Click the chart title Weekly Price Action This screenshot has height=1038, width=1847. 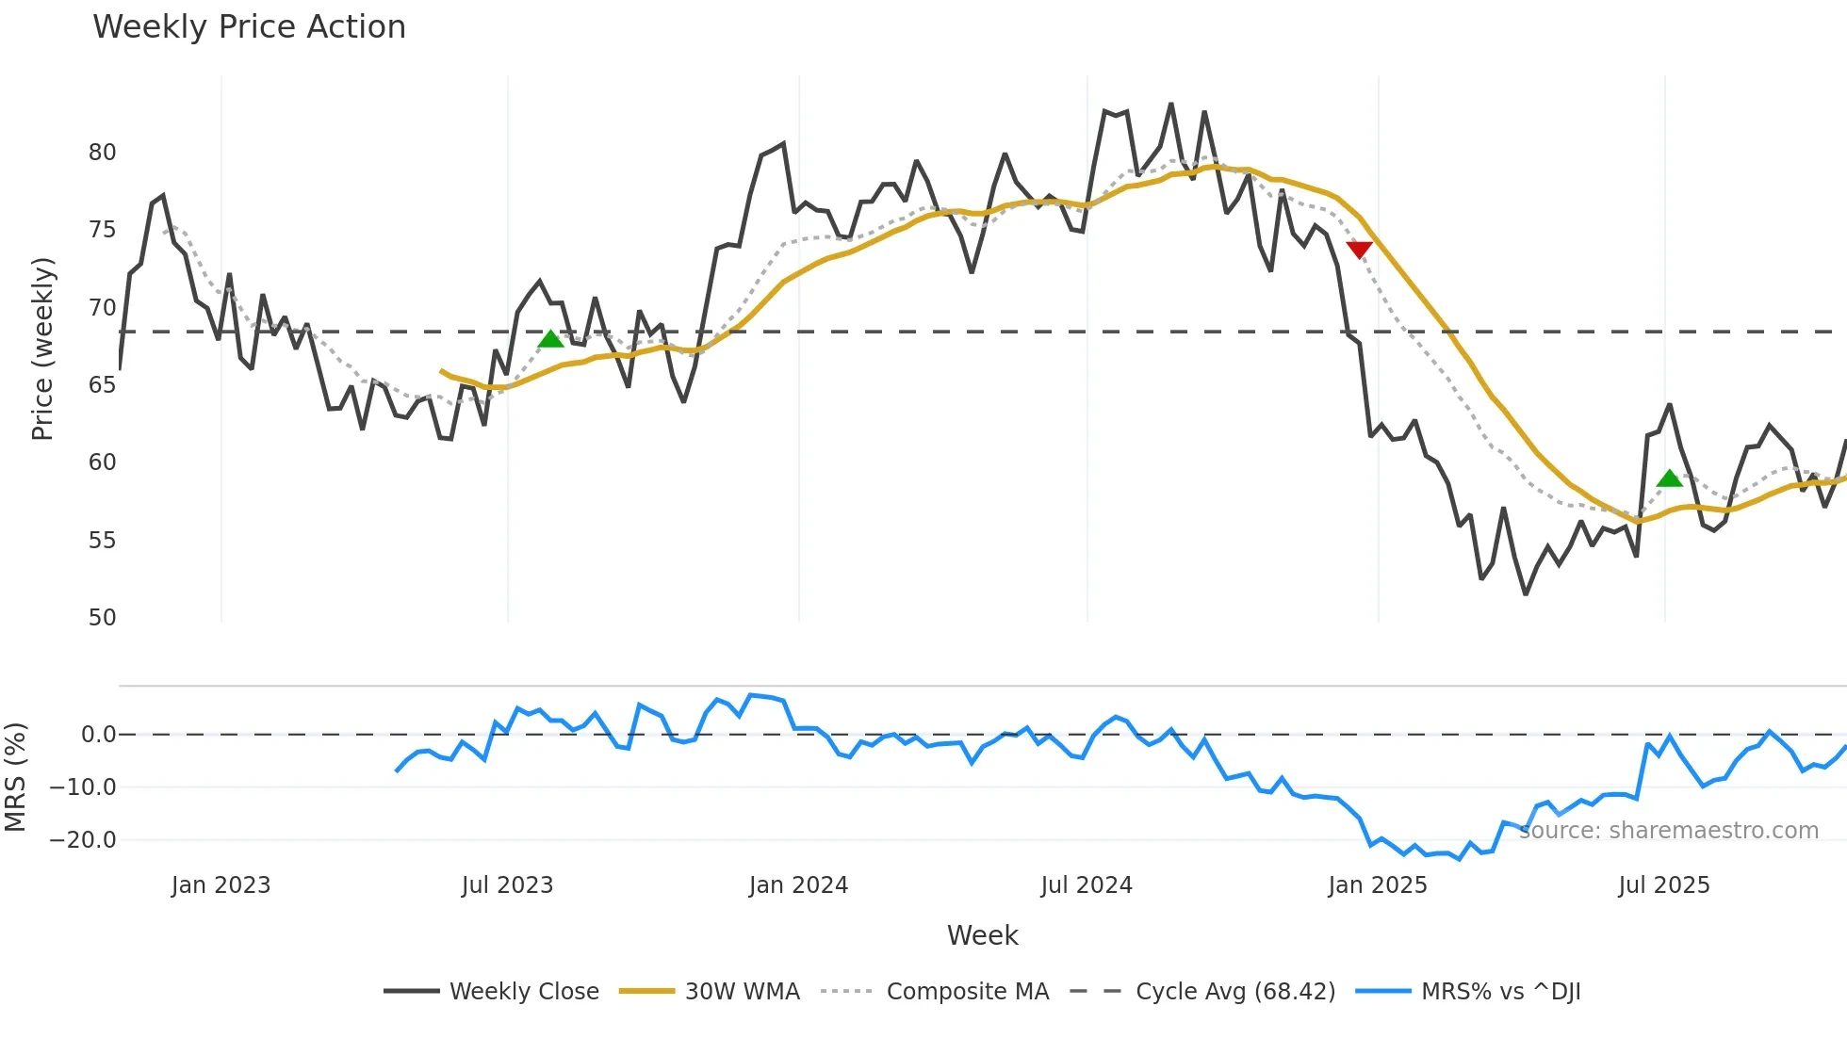[249, 27]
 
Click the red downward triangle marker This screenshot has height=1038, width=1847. [1359, 250]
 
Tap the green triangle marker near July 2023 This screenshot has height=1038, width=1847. [551, 338]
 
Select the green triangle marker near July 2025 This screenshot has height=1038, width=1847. [1669, 478]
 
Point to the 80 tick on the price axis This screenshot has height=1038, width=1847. [102, 153]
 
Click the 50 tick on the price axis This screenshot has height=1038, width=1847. [102, 618]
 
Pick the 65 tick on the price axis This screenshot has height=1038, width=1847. [102, 385]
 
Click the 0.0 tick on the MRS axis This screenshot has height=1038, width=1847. [98, 735]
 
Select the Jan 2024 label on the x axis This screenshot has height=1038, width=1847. [798, 885]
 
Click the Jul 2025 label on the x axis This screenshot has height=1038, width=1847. [1663, 885]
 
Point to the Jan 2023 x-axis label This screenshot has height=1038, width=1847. [221, 885]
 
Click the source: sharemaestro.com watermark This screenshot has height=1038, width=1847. [1668, 831]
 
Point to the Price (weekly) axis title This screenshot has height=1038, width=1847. [42, 349]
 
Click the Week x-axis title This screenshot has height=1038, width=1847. [982, 935]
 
